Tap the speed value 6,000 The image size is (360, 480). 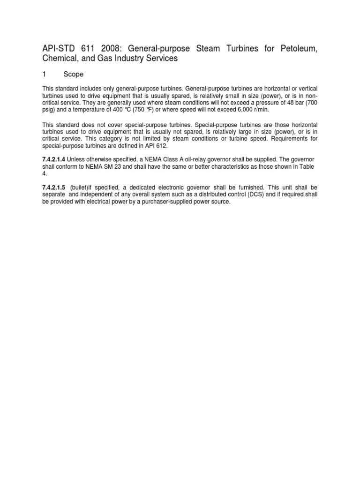240,110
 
